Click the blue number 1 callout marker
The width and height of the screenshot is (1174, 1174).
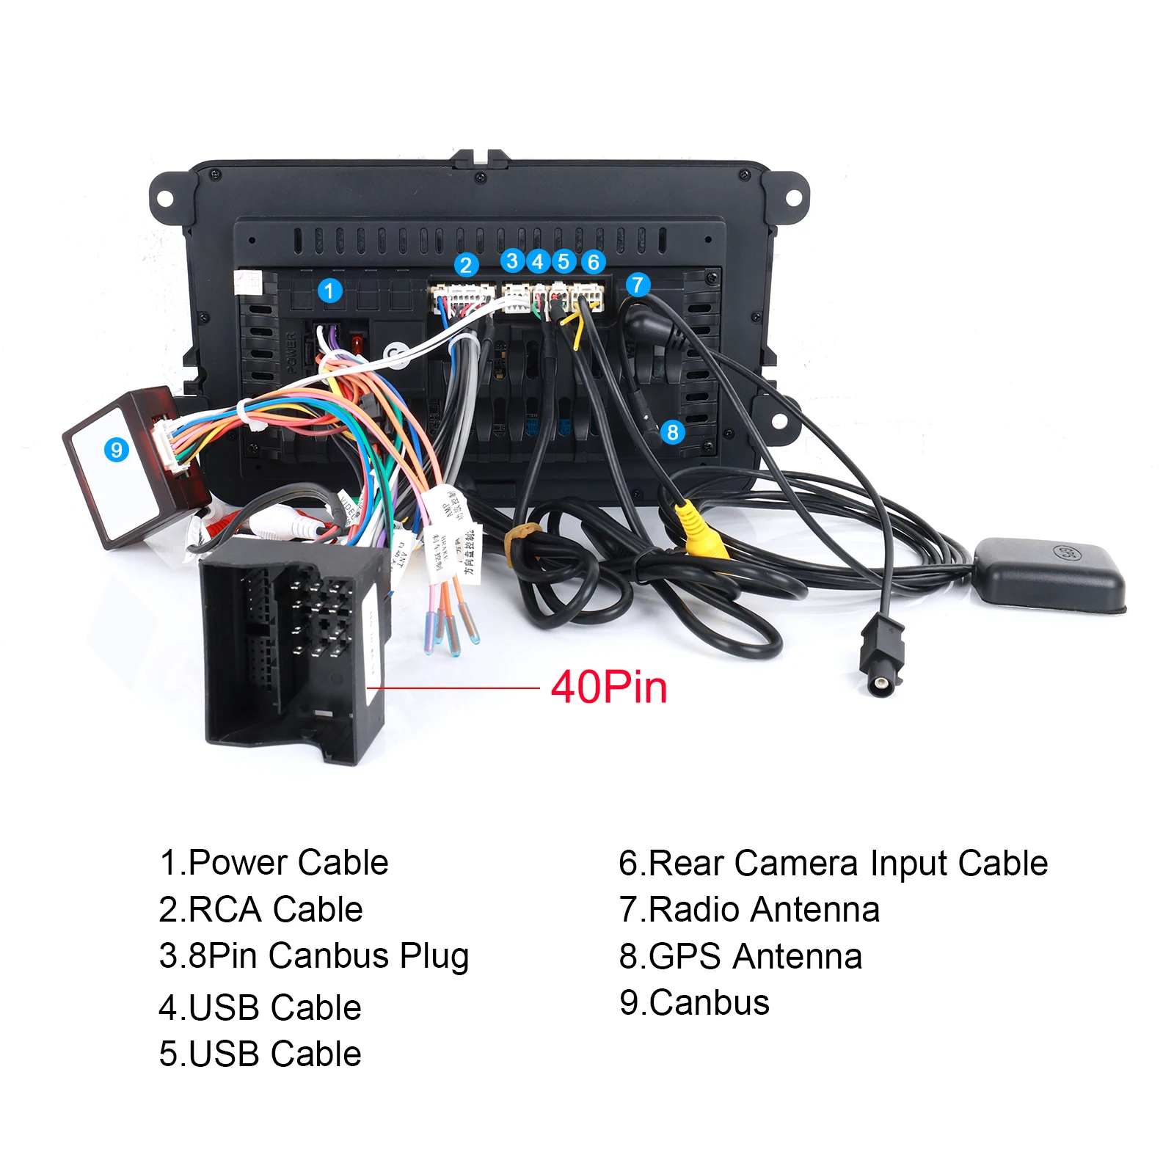point(329,291)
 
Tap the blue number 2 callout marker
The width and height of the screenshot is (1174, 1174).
point(466,265)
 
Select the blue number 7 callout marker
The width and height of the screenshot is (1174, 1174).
point(638,285)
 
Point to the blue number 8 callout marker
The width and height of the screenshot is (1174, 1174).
point(672,432)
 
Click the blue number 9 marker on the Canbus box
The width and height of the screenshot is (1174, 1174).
point(116,449)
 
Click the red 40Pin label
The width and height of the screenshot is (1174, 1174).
point(609,688)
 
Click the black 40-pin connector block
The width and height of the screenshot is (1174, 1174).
point(293,646)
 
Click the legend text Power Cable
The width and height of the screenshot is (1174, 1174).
point(274,863)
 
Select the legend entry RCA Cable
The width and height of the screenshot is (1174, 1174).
point(261,910)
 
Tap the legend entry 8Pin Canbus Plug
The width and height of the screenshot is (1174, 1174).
point(314,957)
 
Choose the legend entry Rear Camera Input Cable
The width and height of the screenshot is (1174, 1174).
point(834,863)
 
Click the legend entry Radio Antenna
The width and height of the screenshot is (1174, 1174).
point(749,910)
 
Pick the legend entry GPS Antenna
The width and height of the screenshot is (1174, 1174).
point(740,957)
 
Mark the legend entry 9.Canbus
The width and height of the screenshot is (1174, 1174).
point(694,1003)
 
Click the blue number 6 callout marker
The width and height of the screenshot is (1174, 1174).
point(593,262)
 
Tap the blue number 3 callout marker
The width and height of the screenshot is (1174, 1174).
point(512,261)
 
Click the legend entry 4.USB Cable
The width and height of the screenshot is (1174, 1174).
point(260,1007)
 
